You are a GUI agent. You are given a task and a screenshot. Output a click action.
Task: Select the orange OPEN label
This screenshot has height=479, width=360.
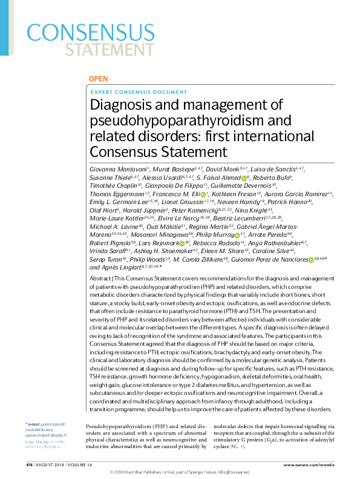(98, 79)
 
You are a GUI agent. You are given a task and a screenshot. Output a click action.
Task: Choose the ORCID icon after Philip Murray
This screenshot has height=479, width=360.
(236, 268)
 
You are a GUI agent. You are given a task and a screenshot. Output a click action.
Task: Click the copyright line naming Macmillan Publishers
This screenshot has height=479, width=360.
(179, 472)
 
